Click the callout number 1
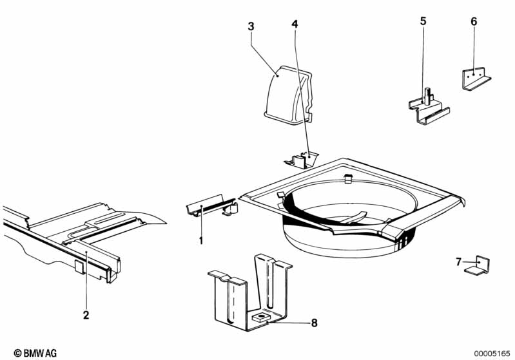pyautogui.click(x=201, y=241)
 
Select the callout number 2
pyautogui.click(x=86, y=315)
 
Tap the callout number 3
pyautogui.click(x=251, y=26)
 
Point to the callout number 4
pyautogui.click(x=295, y=24)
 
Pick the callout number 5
pyautogui.click(x=423, y=21)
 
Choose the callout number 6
pyautogui.click(x=474, y=22)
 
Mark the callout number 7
pyautogui.click(x=458, y=262)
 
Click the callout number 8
pyautogui.click(x=315, y=323)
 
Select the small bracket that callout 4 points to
pyautogui.click(x=301, y=160)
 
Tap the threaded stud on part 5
pyautogui.click(x=426, y=95)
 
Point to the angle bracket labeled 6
pyautogui.click(x=476, y=79)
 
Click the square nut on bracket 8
pyautogui.click(x=259, y=317)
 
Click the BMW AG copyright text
pyautogui.click(x=35, y=353)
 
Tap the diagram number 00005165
pyautogui.click(x=492, y=354)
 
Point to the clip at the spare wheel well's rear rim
pyautogui.click(x=348, y=178)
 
